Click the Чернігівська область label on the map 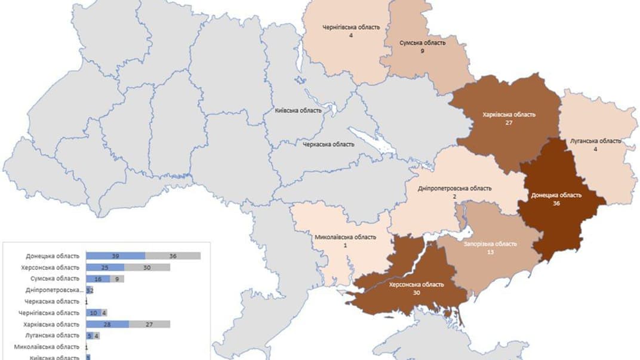tap(350, 27)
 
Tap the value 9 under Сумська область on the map tap(422, 51)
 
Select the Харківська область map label tap(509, 114)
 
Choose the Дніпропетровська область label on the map tap(455, 188)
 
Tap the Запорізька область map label tap(490, 244)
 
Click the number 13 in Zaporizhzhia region tap(490, 252)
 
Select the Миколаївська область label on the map tap(345, 237)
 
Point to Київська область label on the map tap(298, 110)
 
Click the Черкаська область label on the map tap(328, 144)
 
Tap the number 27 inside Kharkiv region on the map tap(509, 122)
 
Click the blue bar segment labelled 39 tap(115, 256)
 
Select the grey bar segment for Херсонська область tap(147, 267)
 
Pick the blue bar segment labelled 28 tap(107, 324)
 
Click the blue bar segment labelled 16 tap(97, 278)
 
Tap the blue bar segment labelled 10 tap(93, 313)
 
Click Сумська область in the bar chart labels tap(54, 278)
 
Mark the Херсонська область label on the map tap(416, 285)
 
